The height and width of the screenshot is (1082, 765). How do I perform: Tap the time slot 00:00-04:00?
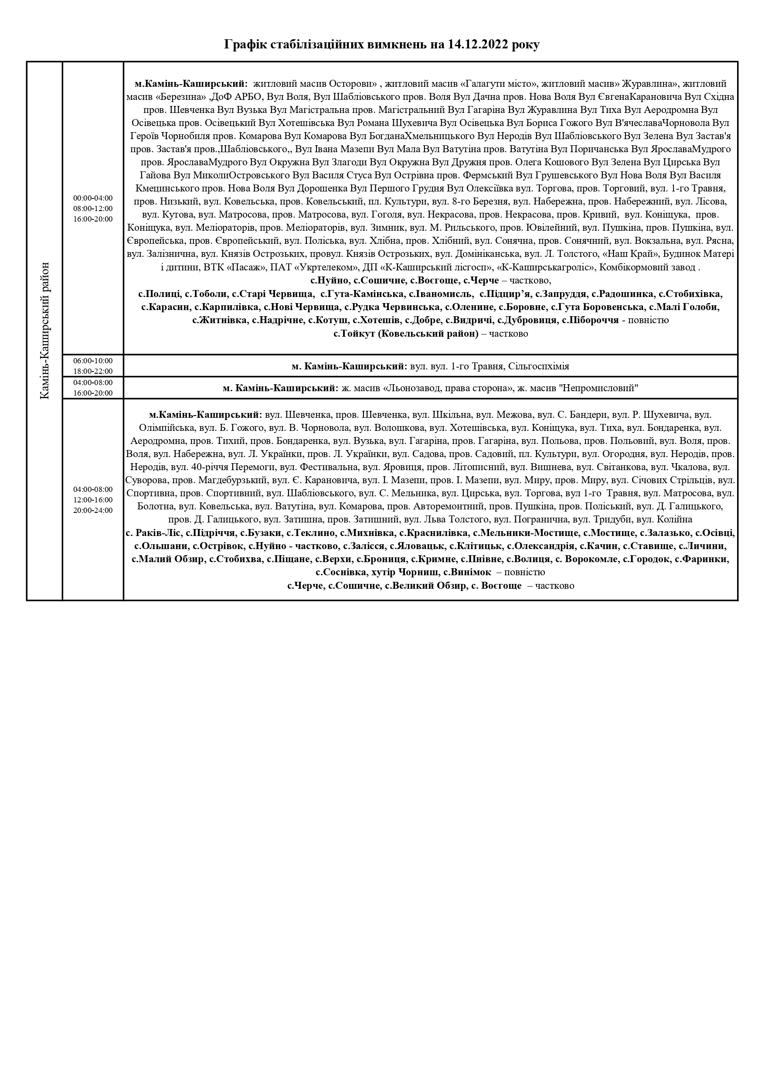pyautogui.click(x=93, y=198)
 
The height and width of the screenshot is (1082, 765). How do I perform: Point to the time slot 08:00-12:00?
pyautogui.click(x=93, y=208)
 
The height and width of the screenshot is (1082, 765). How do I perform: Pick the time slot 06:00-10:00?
pyautogui.click(x=93, y=361)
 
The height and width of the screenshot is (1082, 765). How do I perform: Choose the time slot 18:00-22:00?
pyautogui.click(x=93, y=371)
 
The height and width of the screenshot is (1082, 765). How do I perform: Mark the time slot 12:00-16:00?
pyautogui.click(x=93, y=499)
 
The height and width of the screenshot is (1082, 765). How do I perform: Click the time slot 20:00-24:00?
pyautogui.click(x=93, y=510)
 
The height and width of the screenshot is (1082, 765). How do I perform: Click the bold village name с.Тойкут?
pyautogui.click(x=354, y=333)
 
